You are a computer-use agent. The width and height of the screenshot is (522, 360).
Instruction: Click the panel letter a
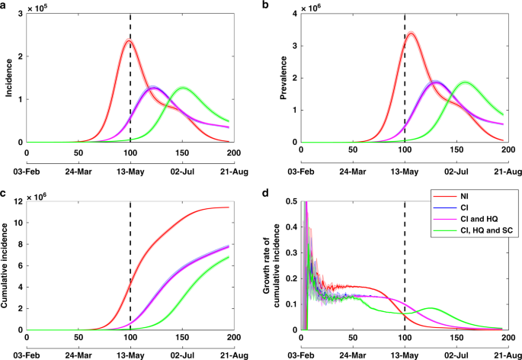pos(4,5)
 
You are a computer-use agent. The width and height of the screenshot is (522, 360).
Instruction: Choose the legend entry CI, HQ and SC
pos(473,241)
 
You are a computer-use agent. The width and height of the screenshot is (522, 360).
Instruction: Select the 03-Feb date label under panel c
pos(27,355)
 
